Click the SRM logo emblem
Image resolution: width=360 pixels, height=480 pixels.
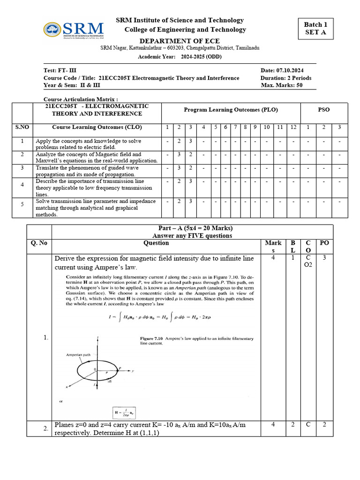pyautogui.click(x=52, y=30)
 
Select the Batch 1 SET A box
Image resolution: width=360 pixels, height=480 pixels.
pyautogui.click(x=315, y=29)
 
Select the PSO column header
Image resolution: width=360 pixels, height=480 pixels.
pyautogui.click(x=323, y=110)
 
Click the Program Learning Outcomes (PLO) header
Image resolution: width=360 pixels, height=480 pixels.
pyautogui.click(x=231, y=110)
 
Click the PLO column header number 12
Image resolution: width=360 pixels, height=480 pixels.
pyautogui.click(x=293, y=127)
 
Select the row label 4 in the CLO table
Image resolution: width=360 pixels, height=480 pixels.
pyautogui.click(x=22, y=185)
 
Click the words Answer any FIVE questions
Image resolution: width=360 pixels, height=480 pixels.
pyautogui.click(x=192, y=235)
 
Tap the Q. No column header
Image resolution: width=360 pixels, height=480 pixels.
pyautogui.click(x=39, y=243)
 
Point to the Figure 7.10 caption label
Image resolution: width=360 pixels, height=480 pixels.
pyautogui.click(x=152, y=338)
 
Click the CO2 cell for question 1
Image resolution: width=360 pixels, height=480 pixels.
pyautogui.click(x=308, y=263)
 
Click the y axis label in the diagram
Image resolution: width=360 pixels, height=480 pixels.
pyautogui.click(x=134, y=371)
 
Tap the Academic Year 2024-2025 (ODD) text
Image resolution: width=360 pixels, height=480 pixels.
pyautogui.click(x=180, y=57)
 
